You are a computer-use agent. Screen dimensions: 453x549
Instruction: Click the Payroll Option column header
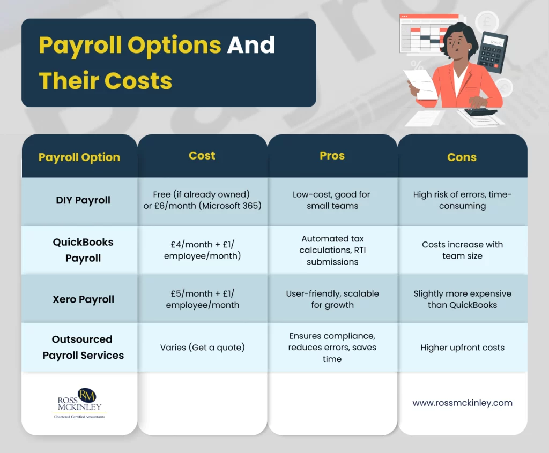[x=79, y=157]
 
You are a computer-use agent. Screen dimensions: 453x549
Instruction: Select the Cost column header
[x=202, y=156]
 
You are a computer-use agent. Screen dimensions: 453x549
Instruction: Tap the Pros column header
[x=332, y=156]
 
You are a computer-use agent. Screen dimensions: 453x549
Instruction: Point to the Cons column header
[x=462, y=157]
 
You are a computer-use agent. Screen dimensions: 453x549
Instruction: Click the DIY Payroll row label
[x=83, y=200]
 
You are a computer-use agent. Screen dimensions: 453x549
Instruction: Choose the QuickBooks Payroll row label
[x=83, y=250]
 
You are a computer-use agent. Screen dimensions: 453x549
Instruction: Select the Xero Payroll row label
[x=83, y=299]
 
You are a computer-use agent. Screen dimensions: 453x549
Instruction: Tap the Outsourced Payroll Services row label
[x=83, y=347]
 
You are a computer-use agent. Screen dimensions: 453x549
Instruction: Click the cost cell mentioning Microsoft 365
[x=202, y=200]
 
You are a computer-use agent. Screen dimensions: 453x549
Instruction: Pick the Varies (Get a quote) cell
[x=202, y=348]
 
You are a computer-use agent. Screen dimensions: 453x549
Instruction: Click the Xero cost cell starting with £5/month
[x=202, y=299]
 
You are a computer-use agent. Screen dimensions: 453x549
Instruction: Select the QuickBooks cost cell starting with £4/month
[x=202, y=250]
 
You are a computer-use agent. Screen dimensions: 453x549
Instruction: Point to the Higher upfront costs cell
[x=462, y=348]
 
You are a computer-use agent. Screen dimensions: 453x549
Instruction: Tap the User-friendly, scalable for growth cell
[x=332, y=299]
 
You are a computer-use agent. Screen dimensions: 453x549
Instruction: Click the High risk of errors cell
[x=462, y=200]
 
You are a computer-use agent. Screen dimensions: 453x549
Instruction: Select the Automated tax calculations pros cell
[x=332, y=250]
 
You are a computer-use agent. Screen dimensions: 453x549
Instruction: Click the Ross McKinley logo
[x=79, y=403]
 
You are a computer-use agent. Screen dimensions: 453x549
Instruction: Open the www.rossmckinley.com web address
[x=462, y=403]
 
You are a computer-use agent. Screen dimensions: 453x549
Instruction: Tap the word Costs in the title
[x=138, y=81]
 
